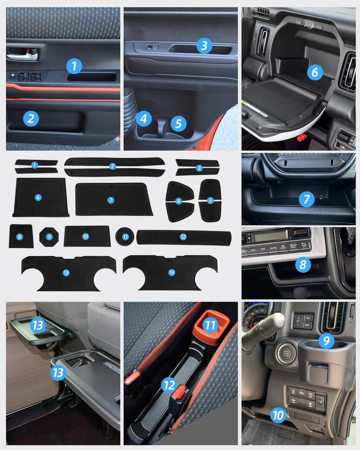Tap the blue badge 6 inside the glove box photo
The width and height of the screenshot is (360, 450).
tap(314, 72)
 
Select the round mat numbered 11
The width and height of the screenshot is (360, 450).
tap(125, 236)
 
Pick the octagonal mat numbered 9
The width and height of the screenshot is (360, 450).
tap(49, 237)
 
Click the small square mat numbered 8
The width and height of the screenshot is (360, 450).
tap(21, 236)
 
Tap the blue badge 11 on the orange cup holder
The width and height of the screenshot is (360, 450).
tap(211, 325)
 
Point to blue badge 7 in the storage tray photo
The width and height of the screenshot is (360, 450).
tap(306, 199)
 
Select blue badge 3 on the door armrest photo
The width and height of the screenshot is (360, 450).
tap(204, 45)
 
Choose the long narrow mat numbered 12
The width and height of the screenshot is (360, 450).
tap(183, 237)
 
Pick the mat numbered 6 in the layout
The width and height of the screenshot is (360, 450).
tap(40, 197)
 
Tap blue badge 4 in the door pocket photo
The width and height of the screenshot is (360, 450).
tap(143, 118)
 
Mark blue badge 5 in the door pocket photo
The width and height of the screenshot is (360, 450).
tap(178, 123)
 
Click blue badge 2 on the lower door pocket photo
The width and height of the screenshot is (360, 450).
tap(31, 118)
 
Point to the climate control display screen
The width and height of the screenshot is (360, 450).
tap(270, 236)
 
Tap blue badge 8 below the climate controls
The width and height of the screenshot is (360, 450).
tap(302, 264)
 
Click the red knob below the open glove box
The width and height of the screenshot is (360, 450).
tap(302, 138)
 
